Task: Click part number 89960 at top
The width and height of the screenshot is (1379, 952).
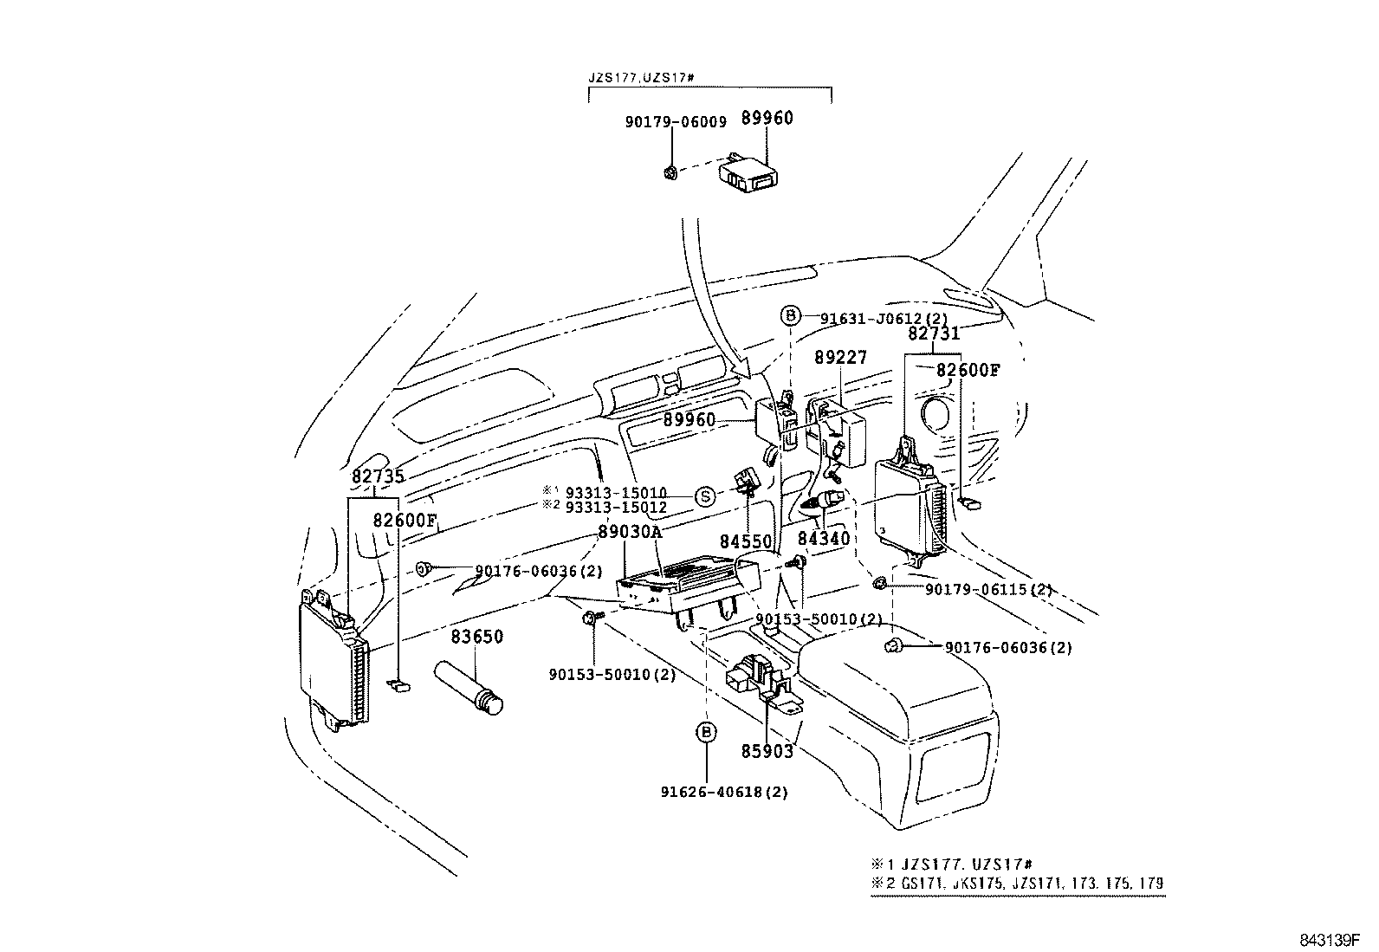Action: point(767,119)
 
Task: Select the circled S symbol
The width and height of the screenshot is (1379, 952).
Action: point(706,496)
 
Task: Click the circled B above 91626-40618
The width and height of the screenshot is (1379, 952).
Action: point(706,733)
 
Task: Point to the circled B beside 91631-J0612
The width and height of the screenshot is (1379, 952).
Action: point(790,316)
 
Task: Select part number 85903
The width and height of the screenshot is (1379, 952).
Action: point(766,751)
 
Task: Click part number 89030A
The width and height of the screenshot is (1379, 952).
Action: point(629,532)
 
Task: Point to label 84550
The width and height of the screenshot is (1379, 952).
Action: point(746,541)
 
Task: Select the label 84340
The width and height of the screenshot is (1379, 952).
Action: point(824,538)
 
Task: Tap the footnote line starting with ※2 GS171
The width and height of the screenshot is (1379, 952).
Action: point(1018,884)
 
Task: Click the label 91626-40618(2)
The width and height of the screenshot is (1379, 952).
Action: point(724,791)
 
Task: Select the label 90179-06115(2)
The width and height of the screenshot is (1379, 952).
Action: point(988,589)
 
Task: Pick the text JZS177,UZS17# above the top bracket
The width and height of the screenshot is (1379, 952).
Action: point(642,78)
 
